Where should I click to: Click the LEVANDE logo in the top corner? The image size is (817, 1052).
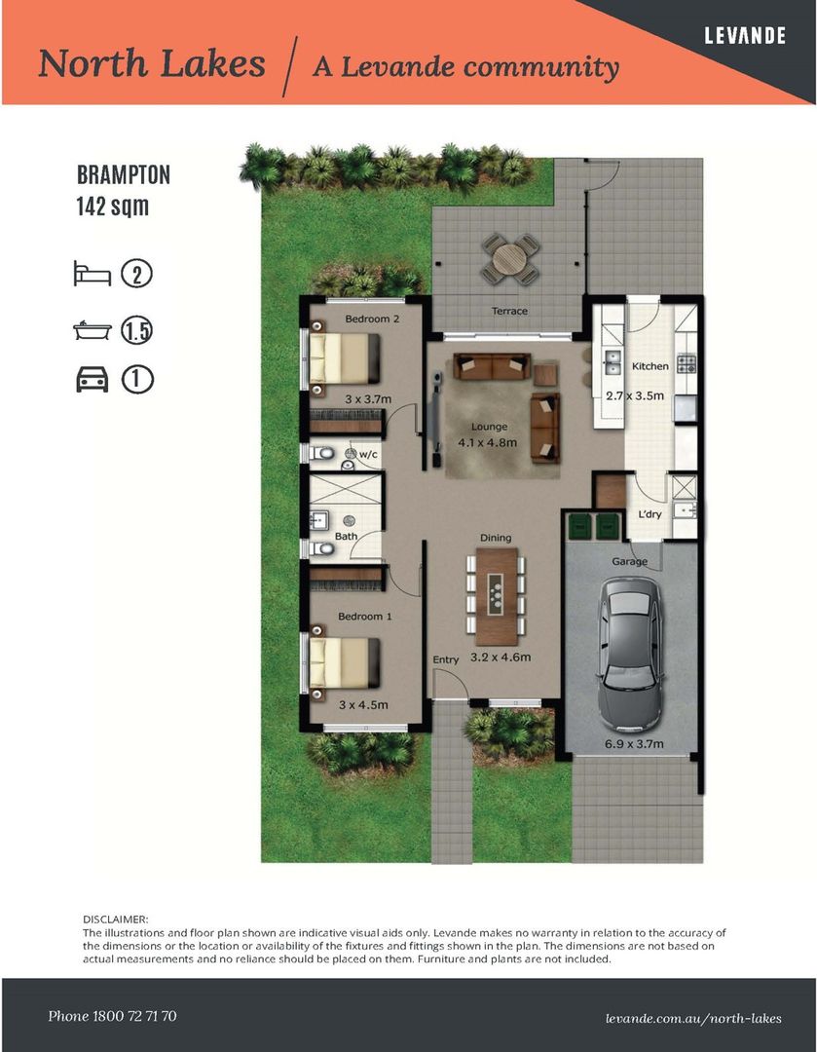click(745, 36)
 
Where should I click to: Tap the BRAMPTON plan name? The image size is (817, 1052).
click(124, 175)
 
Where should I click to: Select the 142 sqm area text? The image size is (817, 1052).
click(113, 206)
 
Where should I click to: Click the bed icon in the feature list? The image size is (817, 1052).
click(92, 274)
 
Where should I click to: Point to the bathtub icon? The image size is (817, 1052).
click(92, 330)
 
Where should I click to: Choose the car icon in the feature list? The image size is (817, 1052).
click(92, 379)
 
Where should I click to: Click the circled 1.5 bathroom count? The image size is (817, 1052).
click(137, 331)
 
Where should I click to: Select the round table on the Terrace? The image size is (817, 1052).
click(510, 257)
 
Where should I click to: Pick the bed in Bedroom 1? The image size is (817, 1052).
click(344, 663)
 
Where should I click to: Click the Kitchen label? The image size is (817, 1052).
click(650, 366)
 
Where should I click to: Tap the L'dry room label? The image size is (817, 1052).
click(650, 514)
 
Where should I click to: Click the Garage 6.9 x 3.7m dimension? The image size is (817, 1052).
click(634, 743)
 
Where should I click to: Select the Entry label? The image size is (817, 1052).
click(445, 660)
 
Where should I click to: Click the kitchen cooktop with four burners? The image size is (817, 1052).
click(687, 364)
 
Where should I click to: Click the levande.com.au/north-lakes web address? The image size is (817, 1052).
click(693, 1019)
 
